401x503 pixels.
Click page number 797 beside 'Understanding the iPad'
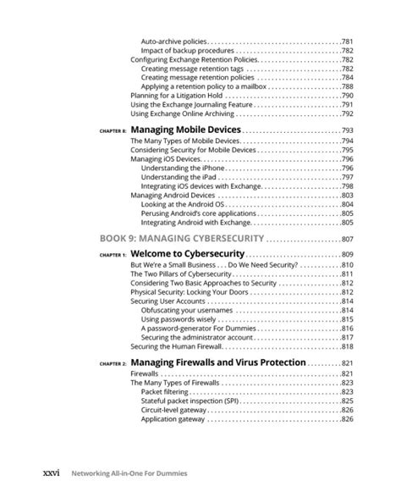[347, 177]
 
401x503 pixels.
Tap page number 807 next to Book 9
[346, 238]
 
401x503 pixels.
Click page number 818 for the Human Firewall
[347, 346]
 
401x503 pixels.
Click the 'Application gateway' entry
[173, 419]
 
